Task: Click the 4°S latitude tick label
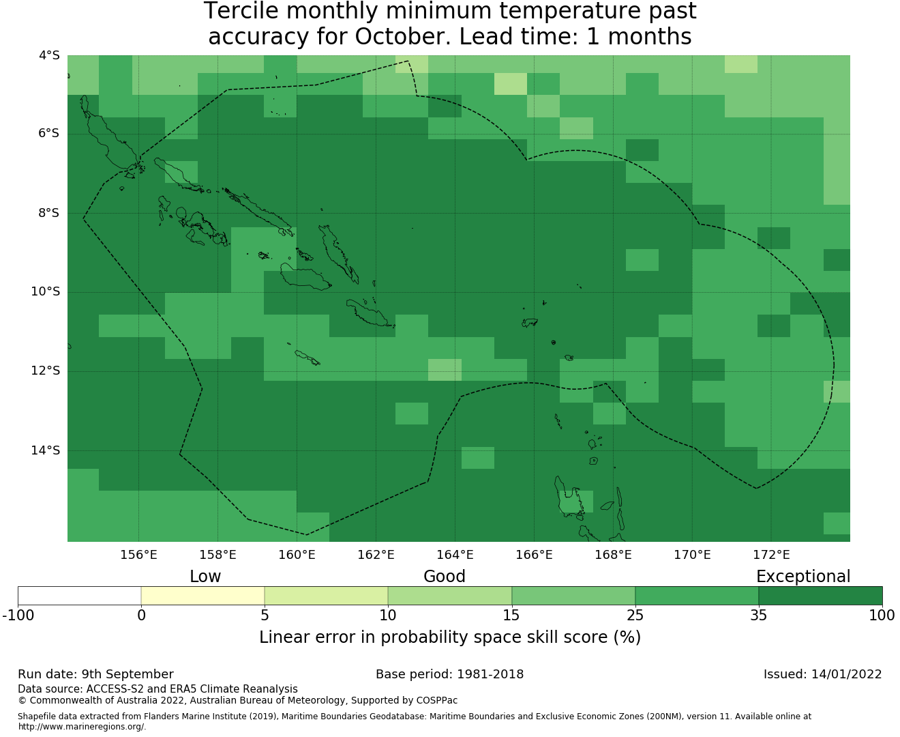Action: [x=49, y=55]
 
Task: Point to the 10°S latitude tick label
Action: [x=45, y=292]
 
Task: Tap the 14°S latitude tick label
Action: [x=45, y=450]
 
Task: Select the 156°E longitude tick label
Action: [x=138, y=555]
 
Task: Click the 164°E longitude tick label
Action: [x=455, y=555]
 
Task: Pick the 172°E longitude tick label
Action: [x=771, y=555]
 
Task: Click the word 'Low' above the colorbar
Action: [x=205, y=577]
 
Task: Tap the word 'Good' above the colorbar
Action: [x=445, y=577]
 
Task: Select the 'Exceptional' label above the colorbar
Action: [x=803, y=577]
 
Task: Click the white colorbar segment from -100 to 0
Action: [x=79, y=596]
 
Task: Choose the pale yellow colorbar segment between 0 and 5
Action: [x=202, y=596]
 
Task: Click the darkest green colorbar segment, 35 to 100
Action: [x=820, y=596]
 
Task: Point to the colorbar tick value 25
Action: [x=635, y=616]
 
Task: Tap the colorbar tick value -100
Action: [x=18, y=616]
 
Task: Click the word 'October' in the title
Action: [x=402, y=36]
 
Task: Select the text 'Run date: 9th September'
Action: [x=95, y=674]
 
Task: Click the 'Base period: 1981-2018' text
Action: [x=449, y=674]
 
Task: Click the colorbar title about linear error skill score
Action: [x=450, y=637]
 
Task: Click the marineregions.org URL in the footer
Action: [x=82, y=727]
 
